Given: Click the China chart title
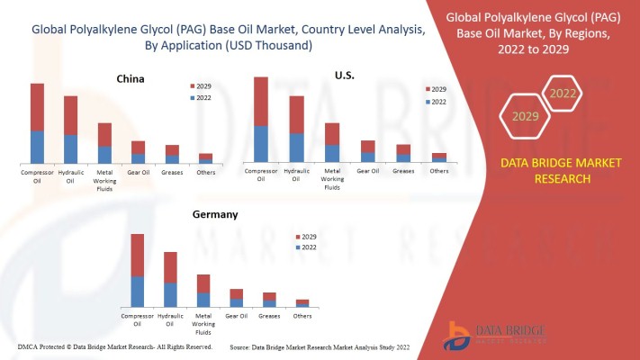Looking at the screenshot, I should click(x=131, y=78).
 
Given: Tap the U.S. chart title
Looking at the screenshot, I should click(x=345, y=75).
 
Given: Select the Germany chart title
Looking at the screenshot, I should click(x=215, y=214).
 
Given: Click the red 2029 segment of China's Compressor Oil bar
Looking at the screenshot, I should click(x=37, y=107).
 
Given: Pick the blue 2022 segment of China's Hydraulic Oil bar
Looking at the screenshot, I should click(x=71, y=148).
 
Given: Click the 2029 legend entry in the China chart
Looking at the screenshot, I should click(x=203, y=86).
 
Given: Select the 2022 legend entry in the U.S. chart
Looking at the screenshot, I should click(x=435, y=102).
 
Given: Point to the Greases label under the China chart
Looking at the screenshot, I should click(x=172, y=170).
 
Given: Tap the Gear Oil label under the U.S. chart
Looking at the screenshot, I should click(x=367, y=170).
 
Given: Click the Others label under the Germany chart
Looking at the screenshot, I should click(x=302, y=316).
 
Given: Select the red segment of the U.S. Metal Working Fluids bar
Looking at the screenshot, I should click(x=332, y=134).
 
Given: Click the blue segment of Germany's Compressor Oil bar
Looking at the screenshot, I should click(x=138, y=292).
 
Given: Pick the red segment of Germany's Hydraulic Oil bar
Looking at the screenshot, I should click(x=170, y=267).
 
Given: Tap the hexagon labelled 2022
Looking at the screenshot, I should click(x=563, y=94).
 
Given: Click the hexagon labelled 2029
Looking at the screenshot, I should click(x=526, y=117).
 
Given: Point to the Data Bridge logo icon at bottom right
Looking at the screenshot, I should click(x=458, y=334).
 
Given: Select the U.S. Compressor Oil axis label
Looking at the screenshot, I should click(x=261, y=174).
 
